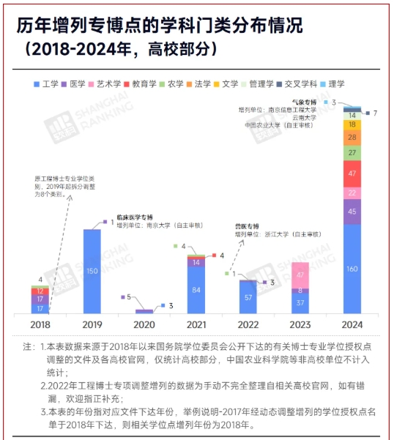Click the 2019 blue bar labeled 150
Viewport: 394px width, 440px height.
coord(91,272)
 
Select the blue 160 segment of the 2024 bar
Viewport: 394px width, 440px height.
coord(352,269)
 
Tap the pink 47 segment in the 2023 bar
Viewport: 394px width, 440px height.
coord(300,275)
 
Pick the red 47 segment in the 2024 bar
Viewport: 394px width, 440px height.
coord(352,174)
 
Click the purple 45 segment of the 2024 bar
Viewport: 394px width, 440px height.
coord(352,212)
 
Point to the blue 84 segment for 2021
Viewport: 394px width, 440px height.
coord(196,291)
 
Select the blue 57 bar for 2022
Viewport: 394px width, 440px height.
coord(248,298)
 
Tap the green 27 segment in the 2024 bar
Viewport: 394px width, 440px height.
coord(352,152)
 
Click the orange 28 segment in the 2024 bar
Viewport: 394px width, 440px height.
coord(352,137)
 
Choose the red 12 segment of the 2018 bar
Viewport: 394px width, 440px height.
coord(40,291)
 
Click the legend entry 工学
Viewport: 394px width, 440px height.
coord(47,84)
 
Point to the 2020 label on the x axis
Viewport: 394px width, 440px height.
coord(144,324)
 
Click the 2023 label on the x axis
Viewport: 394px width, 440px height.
coord(300,324)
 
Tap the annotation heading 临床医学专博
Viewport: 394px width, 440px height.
coord(135,218)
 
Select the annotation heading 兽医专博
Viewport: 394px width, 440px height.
coord(247,225)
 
